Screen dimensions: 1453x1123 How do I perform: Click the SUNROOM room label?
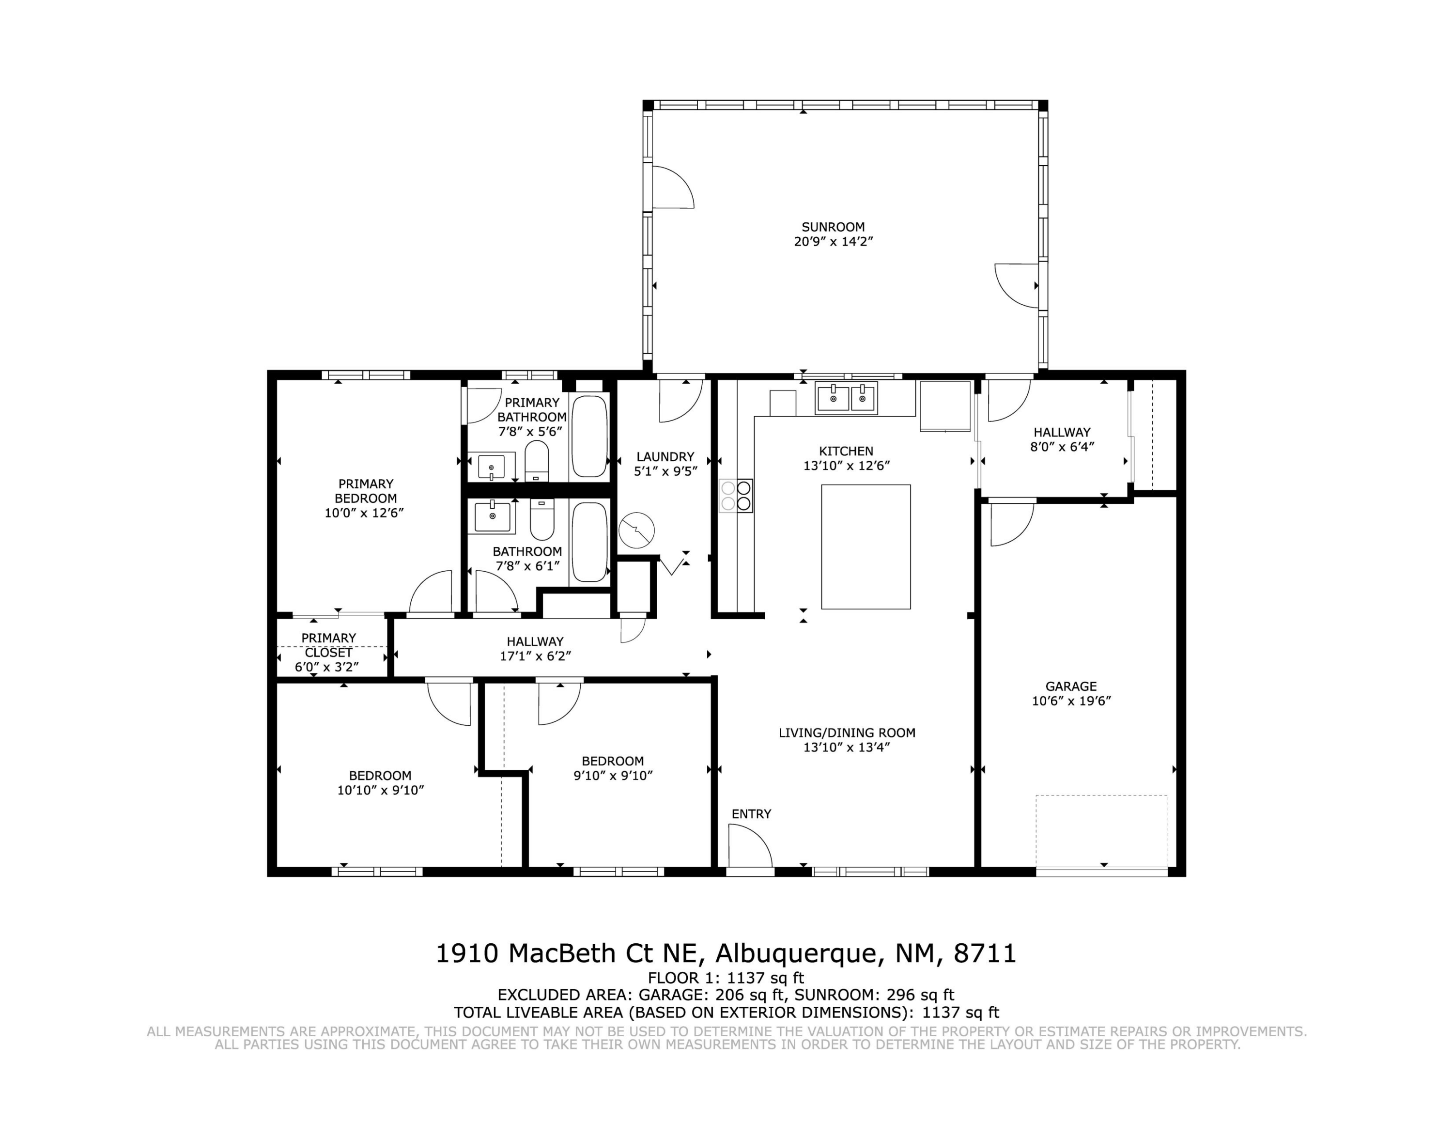pyautogui.click(x=833, y=227)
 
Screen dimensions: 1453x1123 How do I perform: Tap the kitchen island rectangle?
pyautogui.click(x=866, y=547)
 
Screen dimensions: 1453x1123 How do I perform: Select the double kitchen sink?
pyautogui.click(x=846, y=398)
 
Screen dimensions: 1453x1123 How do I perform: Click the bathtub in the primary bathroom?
pyautogui.click(x=589, y=437)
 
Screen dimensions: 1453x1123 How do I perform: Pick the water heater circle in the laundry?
pyautogui.click(x=637, y=530)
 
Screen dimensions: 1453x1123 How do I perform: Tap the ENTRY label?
pyautogui.click(x=751, y=813)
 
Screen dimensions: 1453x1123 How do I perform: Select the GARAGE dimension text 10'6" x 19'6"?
pyautogui.click(x=1071, y=701)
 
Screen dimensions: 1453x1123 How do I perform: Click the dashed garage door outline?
pyautogui.click(x=1102, y=832)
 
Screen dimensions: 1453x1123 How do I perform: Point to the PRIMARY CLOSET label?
pyautogui.click(x=329, y=645)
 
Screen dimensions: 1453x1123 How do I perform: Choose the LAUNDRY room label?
pyautogui.click(x=665, y=456)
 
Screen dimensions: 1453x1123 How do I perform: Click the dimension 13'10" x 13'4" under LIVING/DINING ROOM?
pyautogui.click(x=846, y=747)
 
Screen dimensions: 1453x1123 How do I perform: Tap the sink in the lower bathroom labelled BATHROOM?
pyautogui.click(x=492, y=516)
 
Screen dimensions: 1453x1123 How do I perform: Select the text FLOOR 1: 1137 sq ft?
pyautogui.click(x=726, y=978)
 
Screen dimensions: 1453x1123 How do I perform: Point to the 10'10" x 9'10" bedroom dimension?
pyautogui.click(x=381, y=790)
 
